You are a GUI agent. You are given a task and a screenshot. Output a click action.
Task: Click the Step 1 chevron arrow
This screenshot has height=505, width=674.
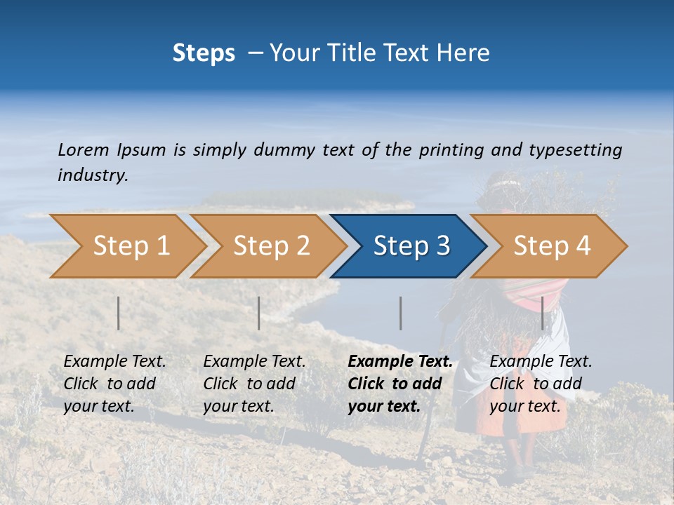[x=131, y=246]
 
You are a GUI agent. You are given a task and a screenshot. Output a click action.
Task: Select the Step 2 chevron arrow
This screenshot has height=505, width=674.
[x=271, y=246]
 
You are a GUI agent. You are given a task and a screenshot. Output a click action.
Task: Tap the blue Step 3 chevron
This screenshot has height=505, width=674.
[x=411, y=246]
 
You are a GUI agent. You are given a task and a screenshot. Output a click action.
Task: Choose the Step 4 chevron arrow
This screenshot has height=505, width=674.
[x=551, y=246]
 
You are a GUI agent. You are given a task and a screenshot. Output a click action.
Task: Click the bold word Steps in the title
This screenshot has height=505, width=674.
[x=204, y=53]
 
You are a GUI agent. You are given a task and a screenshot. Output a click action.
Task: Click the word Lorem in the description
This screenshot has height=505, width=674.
[x=84, y=149]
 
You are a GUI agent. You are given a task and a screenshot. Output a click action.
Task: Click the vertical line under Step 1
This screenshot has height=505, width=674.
[x=119, y=313]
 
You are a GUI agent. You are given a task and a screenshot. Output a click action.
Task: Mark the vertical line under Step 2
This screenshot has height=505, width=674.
[x=259, y=313]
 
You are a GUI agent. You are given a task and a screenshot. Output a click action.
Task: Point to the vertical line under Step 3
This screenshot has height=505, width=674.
[x=400, y=313]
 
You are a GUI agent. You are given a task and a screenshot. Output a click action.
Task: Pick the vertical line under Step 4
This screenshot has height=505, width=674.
[x=542, y=313]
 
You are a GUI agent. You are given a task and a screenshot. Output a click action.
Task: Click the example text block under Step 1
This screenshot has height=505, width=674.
[x=114, y=384]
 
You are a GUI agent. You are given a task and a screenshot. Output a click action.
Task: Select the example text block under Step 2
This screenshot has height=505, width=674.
[x=254, y=384]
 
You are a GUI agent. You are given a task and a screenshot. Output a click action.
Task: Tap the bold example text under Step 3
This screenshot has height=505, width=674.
[x=399, y=384]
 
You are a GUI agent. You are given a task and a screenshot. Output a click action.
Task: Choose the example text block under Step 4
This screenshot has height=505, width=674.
[x=541, y=384]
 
